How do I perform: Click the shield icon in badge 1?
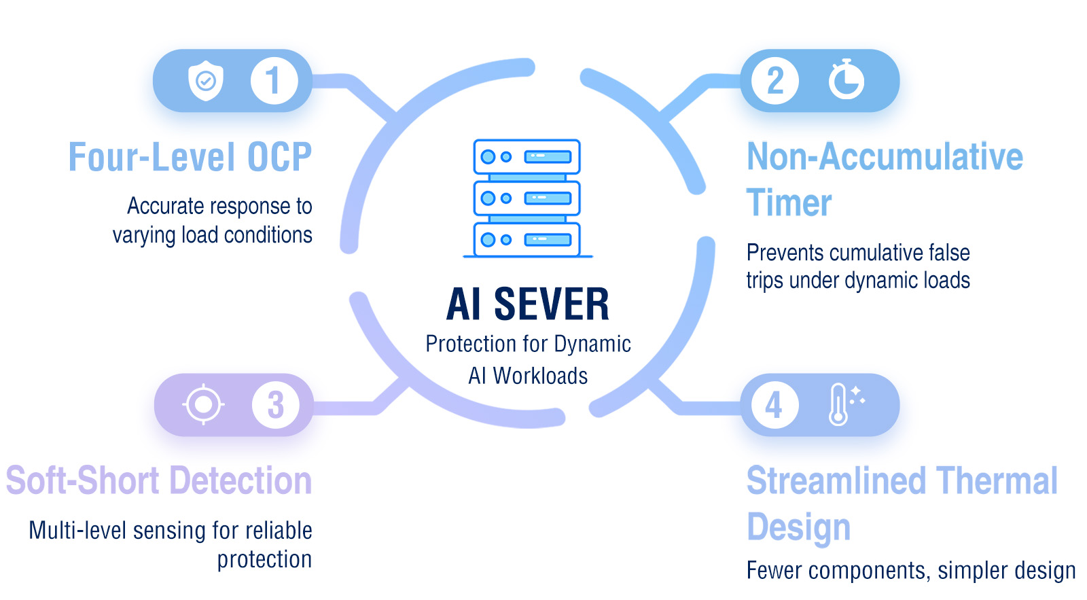coord(205,81)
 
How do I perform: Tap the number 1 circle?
coord(274,81)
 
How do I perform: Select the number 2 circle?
coord(775,81)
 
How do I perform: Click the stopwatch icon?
coord(846,80)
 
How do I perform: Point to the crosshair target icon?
coord(203,405)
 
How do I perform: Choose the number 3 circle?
coord(275,405)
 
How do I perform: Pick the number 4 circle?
coord(774,406)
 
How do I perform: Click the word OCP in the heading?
coord(279,158)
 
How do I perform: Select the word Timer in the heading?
coord(789,203)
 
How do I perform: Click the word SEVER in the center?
coord(551,304)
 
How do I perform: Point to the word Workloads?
coord(540,376)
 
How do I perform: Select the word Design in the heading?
coord(798,528)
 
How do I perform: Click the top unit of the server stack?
coord(527,157)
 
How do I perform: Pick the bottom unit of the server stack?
coord(527,239)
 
